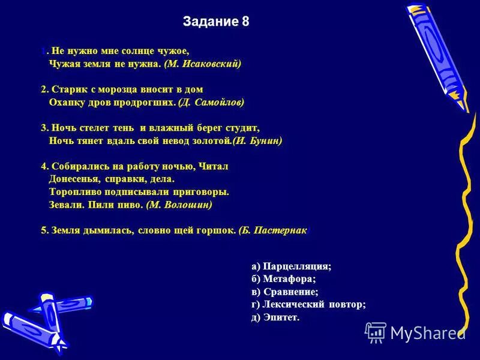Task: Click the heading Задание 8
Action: point(216,22)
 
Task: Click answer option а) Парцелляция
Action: point(292,266)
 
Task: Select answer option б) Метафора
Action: point(284,279)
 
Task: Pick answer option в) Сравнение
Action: point(285,292)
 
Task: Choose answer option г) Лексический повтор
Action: point(308,304)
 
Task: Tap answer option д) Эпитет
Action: point(275,317)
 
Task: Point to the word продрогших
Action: point(147,103)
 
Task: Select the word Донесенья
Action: point(74,179)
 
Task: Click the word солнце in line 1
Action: point(127,51)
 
